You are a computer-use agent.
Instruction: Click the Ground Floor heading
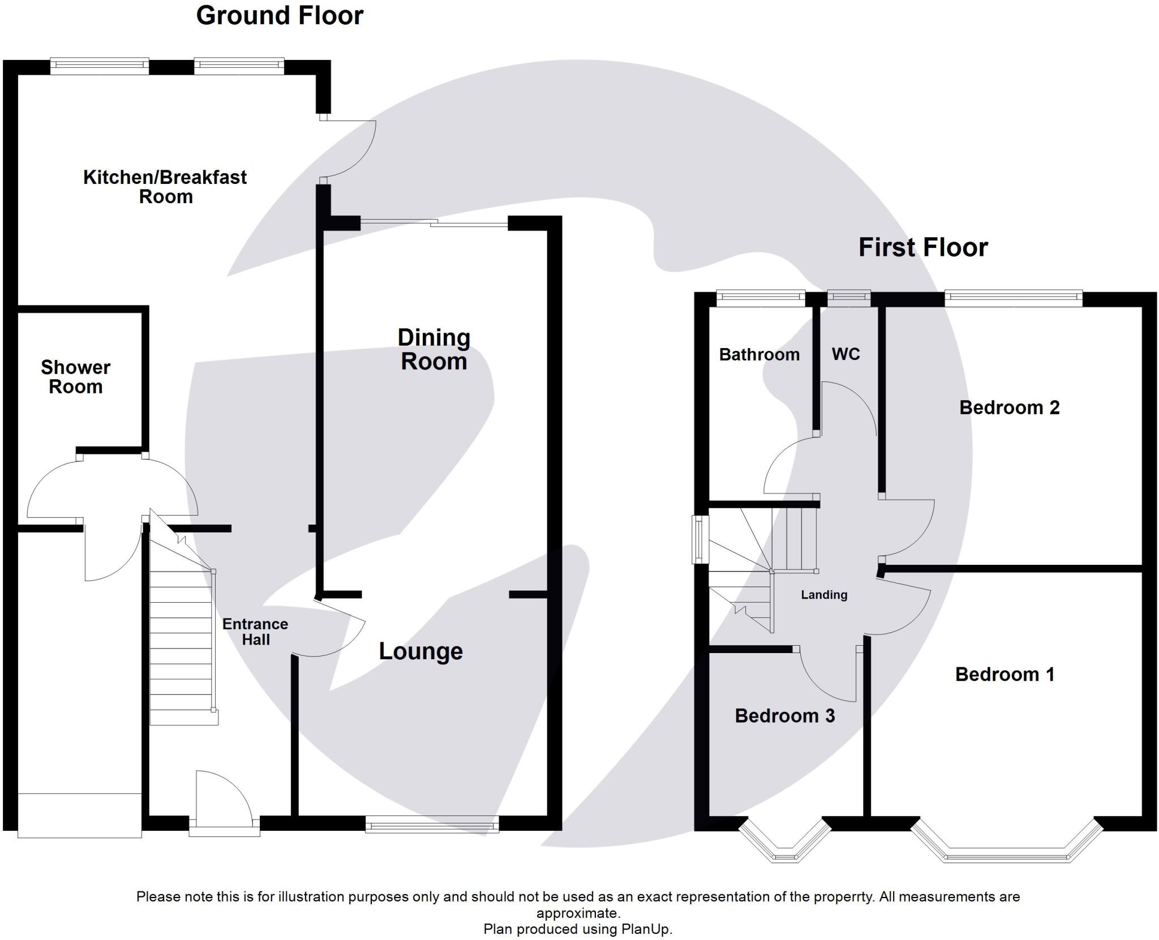click(x=280, y=16)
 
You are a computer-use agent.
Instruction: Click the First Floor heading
click(x=923, y=248)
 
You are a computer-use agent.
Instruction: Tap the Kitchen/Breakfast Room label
click(x=165, y=187)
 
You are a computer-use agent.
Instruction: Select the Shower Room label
click(x=75, y=377)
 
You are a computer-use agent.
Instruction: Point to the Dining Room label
click(x=434, y=350)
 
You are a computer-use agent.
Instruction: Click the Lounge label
click(x=420, y=651)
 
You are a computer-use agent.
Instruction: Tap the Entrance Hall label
click(x=255, y=632)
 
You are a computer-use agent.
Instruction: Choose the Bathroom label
click(x=759, y=355)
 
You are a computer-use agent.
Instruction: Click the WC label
click(x=845, y=354)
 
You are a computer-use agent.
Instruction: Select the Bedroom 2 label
click(x=1009, y=407)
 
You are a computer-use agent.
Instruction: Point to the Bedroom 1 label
click(x=1005, y=675)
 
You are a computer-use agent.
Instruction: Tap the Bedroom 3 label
click(x=784, y=716)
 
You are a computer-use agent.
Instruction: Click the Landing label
click(x=824, y=595)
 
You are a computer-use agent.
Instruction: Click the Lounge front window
click(x=432, y=824)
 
